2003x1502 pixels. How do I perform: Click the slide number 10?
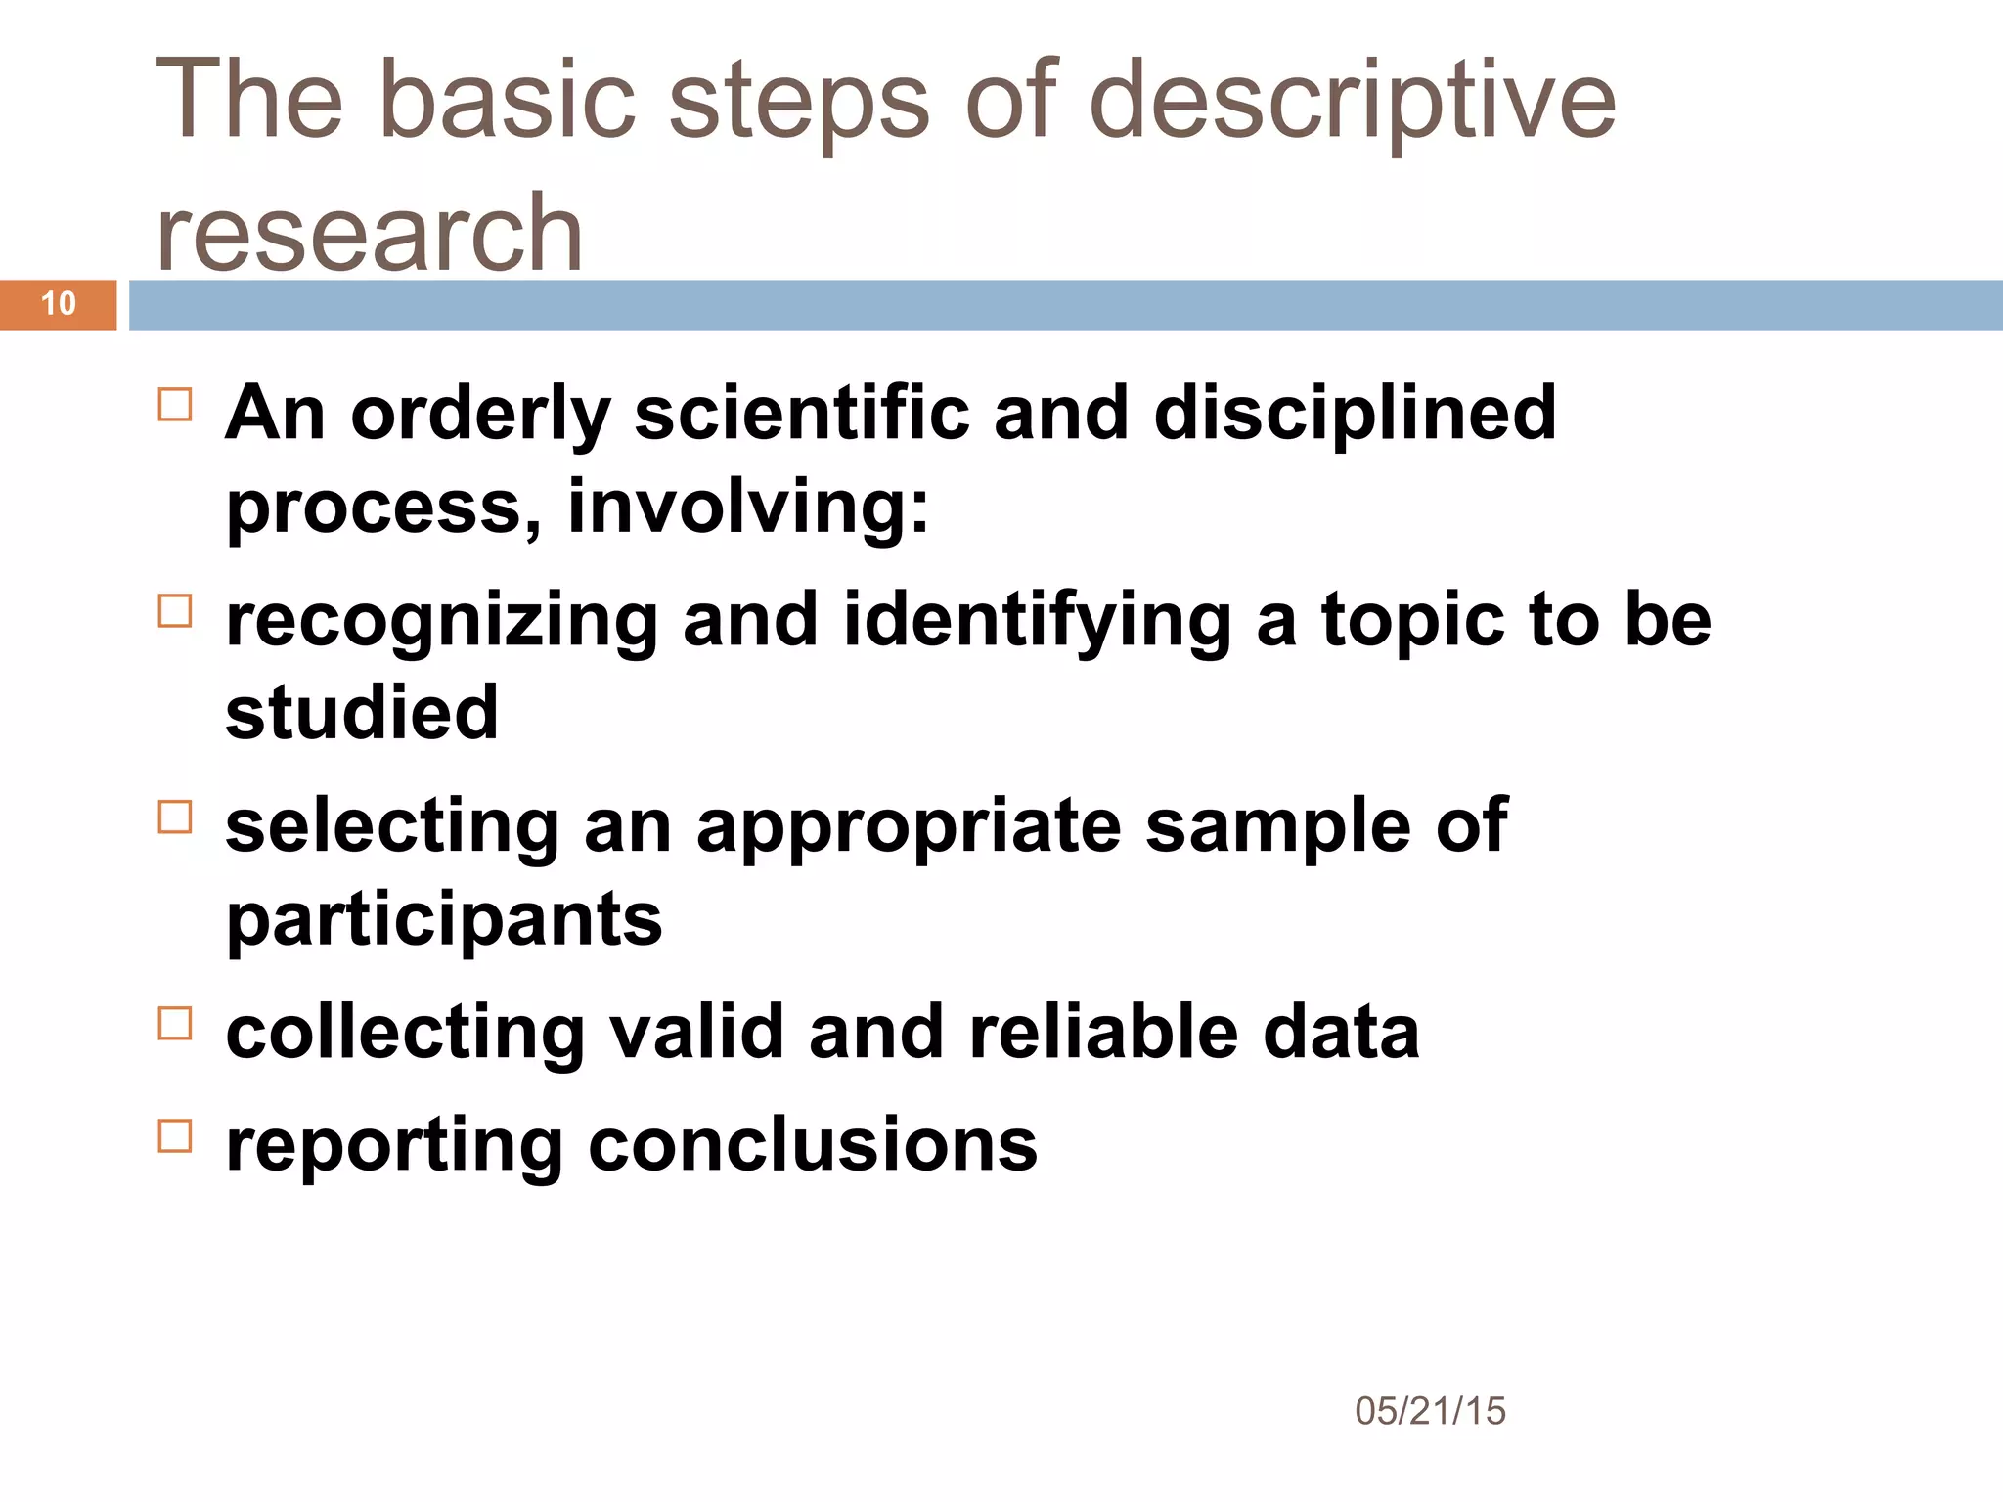click(59, 303)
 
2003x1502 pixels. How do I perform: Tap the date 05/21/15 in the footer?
click(1430, 1411)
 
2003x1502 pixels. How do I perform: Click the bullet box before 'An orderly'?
click(175, 404)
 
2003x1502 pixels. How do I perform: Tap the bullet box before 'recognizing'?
click(175, 611)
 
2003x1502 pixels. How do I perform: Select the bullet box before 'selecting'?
click(175, 817)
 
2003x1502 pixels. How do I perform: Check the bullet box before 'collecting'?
click(175, 1024)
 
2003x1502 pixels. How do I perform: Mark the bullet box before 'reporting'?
click(175, 1136)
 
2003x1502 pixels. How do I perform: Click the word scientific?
click(801, 413)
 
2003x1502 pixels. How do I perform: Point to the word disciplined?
click(1355, 413)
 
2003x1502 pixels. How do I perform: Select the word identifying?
click(1037, 621)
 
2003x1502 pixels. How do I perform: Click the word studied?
click(362, 712)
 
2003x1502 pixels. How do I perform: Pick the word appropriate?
click(909, 827)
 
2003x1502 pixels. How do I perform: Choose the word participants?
click(444, 921)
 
